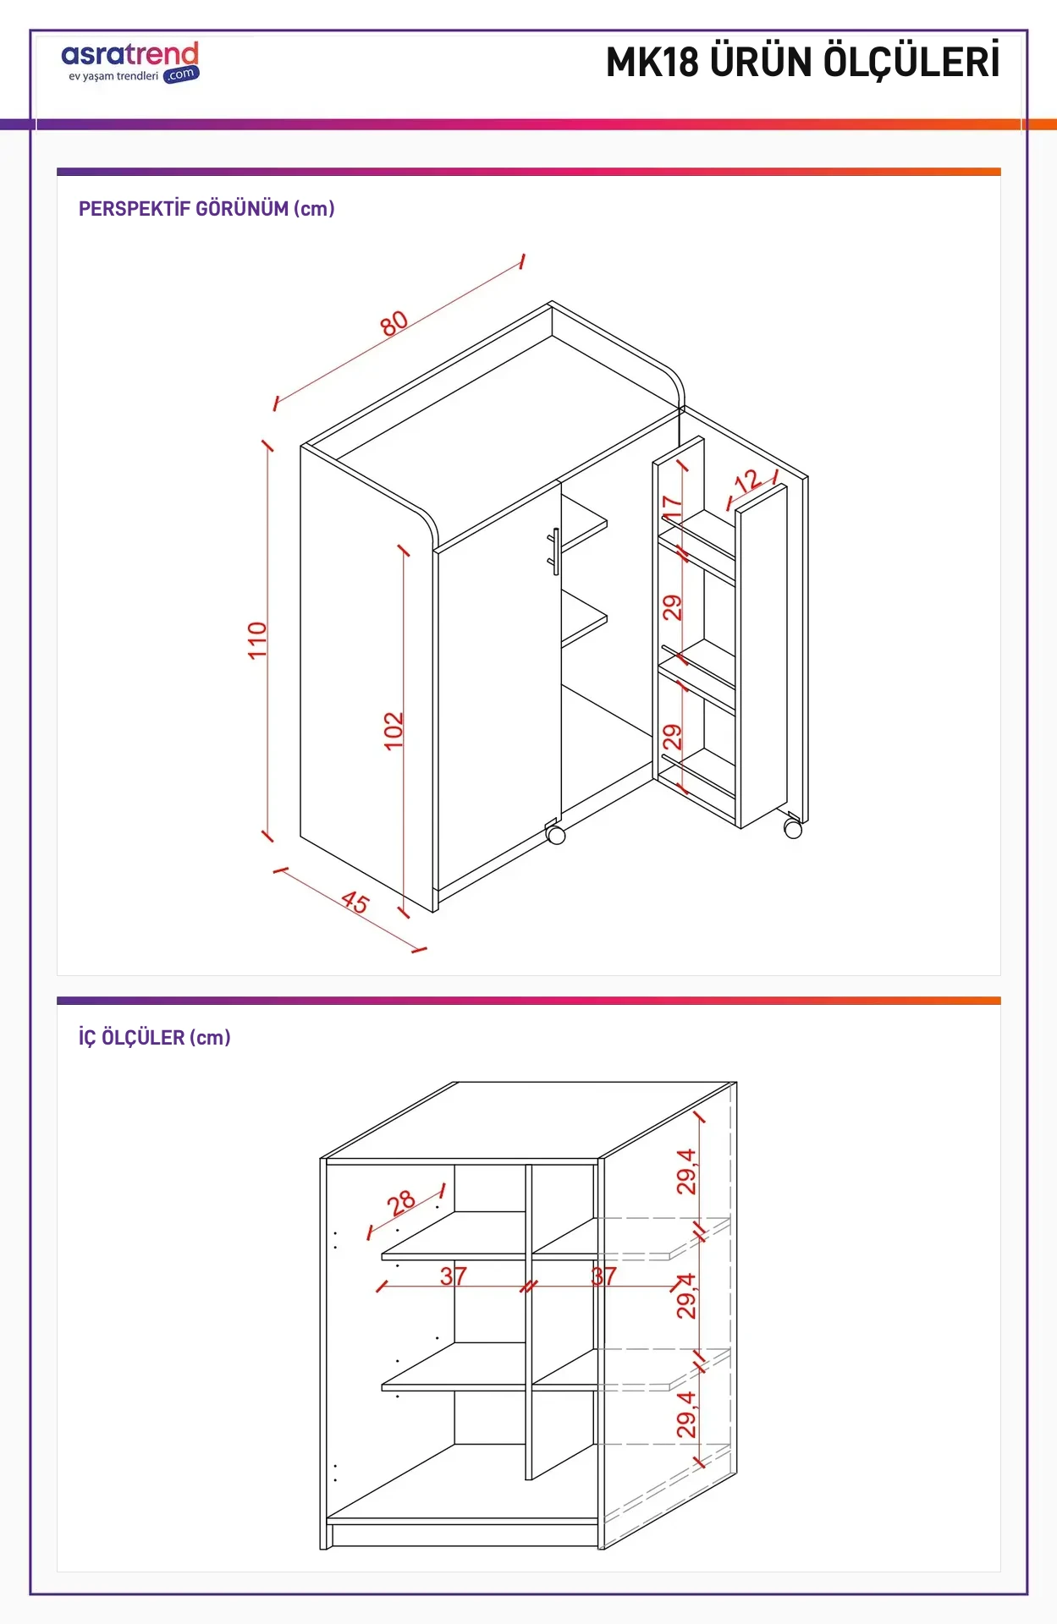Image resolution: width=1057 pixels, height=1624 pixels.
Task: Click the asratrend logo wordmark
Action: pyautogui.click(x=130, y=54)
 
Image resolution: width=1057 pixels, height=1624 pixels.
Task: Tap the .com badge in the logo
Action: pyautogui.click(x=181, y=74)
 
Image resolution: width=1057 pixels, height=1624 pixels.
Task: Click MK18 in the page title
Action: pyautogui.click(x=652, y=63)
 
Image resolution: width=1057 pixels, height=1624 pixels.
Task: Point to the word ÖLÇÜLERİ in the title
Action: pyautogui.click(x=912, y=61)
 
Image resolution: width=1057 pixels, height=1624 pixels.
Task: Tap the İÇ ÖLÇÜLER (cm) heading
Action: pyautogui.click(x=155, y=1037)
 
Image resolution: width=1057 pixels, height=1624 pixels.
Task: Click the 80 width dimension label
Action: pyautogui.click(x=394, y=322)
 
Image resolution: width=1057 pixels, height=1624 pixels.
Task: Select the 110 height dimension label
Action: pyautogui.click(x=257, y=640)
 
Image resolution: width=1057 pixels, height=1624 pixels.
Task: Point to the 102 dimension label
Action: pyautogui.click(x=394, y=731)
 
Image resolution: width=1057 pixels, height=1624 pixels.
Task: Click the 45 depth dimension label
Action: pyautogui.click(x=355, y=902)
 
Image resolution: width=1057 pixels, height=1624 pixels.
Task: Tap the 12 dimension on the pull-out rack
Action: pyautogui.click(x=746, y=481)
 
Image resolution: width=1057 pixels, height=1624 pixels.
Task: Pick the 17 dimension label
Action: pyautogui.click(x=672, y=507)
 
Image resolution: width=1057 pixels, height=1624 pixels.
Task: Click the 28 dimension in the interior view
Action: pyautogui.click(x=401, y=1202)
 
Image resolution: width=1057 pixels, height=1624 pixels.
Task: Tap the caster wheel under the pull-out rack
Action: pyautogui.click(x=793, y=829)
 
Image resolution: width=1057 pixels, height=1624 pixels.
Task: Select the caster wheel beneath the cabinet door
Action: pyautogui.click(x=556, y=835)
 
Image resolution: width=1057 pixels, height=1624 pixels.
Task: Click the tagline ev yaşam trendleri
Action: pyautogui.click(x=113, y=76)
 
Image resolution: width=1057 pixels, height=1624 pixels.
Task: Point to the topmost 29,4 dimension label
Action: pyautogui.click(x=686, y=1171)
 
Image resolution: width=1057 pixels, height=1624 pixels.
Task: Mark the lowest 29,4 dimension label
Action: pyautogui.click(x=686, y=1414)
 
